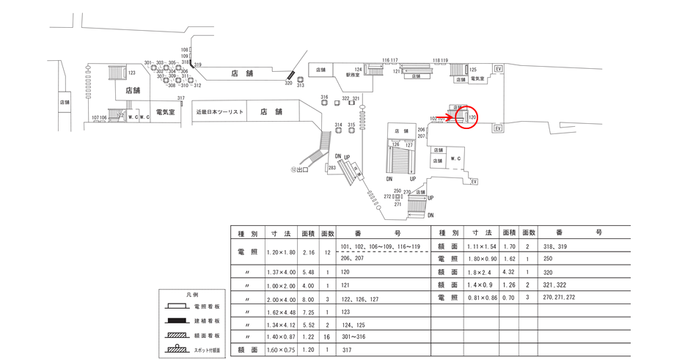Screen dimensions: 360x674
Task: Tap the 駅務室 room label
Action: click(355, 75)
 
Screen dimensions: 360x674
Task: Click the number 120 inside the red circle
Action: click(472, 117)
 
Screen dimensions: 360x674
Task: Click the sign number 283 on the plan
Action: click(332, 168)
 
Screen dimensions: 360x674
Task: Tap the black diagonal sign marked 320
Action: click(290, 75)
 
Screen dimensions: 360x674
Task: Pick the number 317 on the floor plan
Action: click(180, 98)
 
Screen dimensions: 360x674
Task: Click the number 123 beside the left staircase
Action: click(132, 73)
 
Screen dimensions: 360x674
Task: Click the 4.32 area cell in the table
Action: click(510, 271)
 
